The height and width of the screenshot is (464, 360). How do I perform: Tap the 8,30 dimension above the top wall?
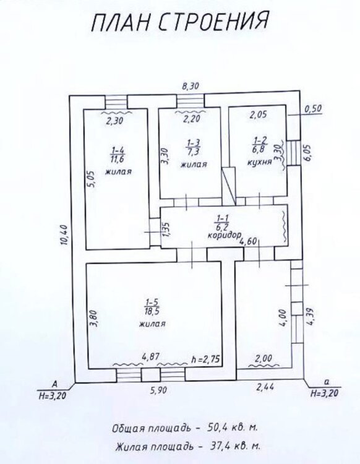(x=190, y=86)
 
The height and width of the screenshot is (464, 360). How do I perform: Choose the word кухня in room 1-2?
(x=259, y=162)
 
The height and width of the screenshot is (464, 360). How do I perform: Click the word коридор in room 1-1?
(x=223, y=235)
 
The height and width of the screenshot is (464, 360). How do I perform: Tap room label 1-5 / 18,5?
(x=152, y=306)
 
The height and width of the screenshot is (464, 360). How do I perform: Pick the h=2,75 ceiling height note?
(x=206, y=359)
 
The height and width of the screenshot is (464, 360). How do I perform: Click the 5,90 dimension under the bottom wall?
(x=158, y=390)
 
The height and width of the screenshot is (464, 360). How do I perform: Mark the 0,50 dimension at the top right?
(x=312, y=109)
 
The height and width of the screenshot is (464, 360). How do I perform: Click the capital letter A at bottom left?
(x=54, y=384)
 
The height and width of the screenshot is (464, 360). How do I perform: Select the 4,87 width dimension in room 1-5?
(x=150, y=358)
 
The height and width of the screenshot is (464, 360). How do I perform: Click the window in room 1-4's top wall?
(x=116, y=102)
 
